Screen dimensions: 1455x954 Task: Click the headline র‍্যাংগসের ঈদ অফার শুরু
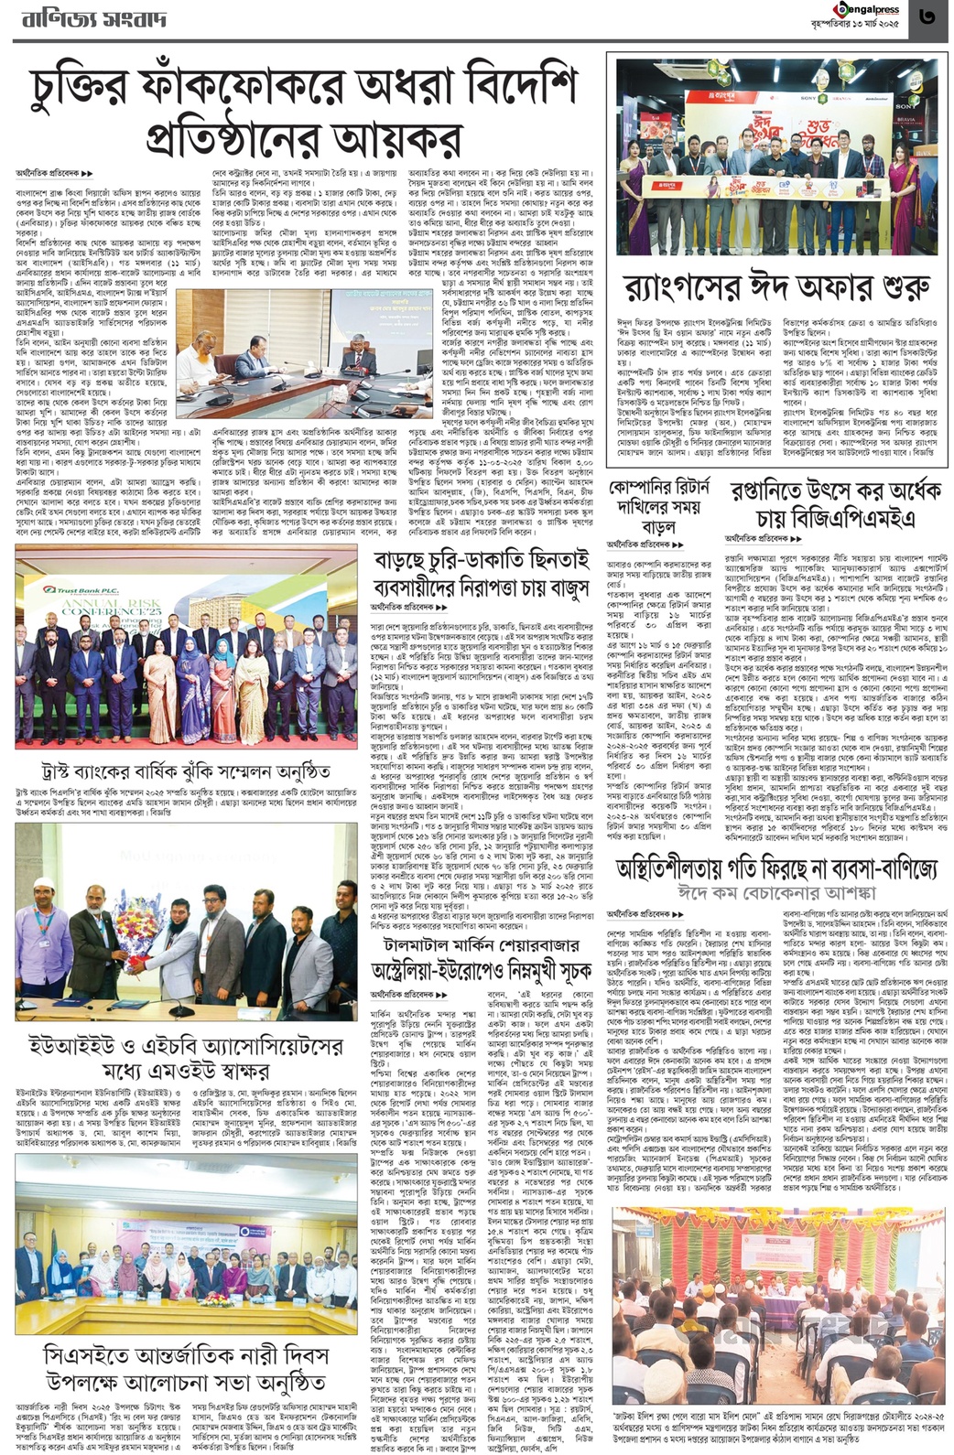coord(777,288)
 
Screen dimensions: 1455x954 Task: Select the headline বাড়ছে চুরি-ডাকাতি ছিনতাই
coord(481,561)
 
